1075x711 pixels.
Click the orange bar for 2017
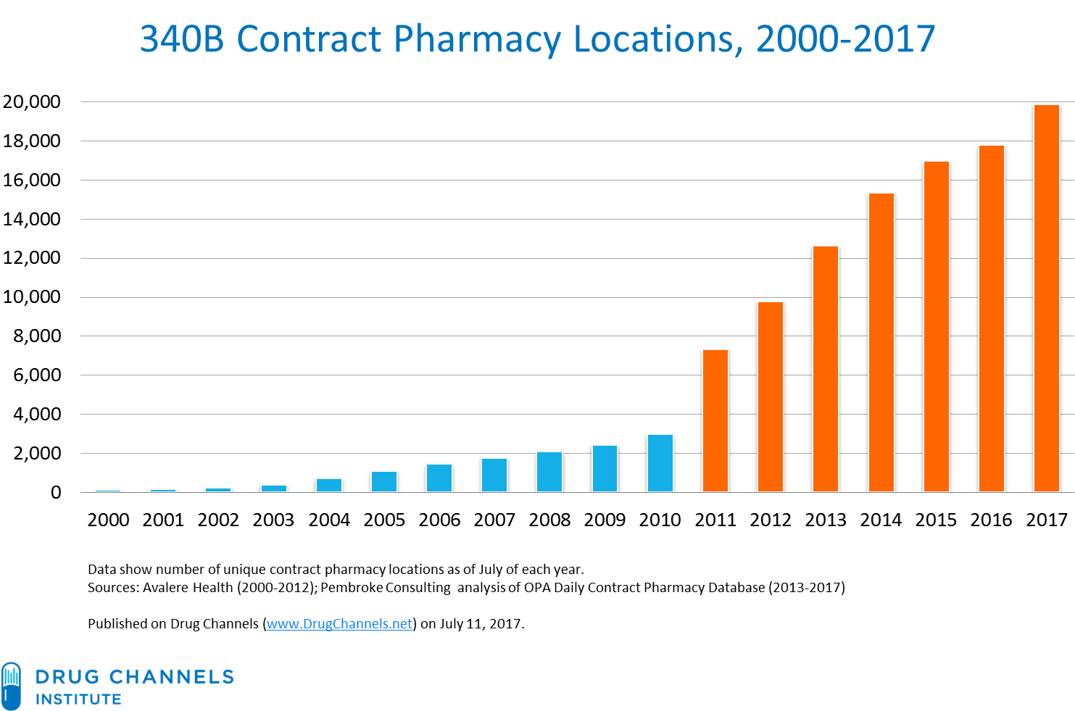point(1046,298)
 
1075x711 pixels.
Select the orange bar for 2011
point(715,421)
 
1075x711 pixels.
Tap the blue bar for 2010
point(660,463)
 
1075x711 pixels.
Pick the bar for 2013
point(826,369)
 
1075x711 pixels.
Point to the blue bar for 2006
point(439,478)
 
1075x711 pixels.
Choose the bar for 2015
point(937,326)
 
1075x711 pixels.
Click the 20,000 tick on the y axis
point(32,101)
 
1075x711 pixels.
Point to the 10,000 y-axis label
point(32,297)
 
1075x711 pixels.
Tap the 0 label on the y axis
point(56,492)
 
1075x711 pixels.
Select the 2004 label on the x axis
point(329,520)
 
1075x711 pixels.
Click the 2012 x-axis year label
point(771,520)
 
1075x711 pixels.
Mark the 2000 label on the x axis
point(108,520)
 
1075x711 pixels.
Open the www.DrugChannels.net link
point(339,624)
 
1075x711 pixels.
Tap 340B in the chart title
point(182,38)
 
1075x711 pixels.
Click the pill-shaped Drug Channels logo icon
point(11,686)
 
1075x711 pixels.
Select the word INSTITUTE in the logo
point(78,699)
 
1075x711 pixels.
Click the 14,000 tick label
point(32,220)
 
